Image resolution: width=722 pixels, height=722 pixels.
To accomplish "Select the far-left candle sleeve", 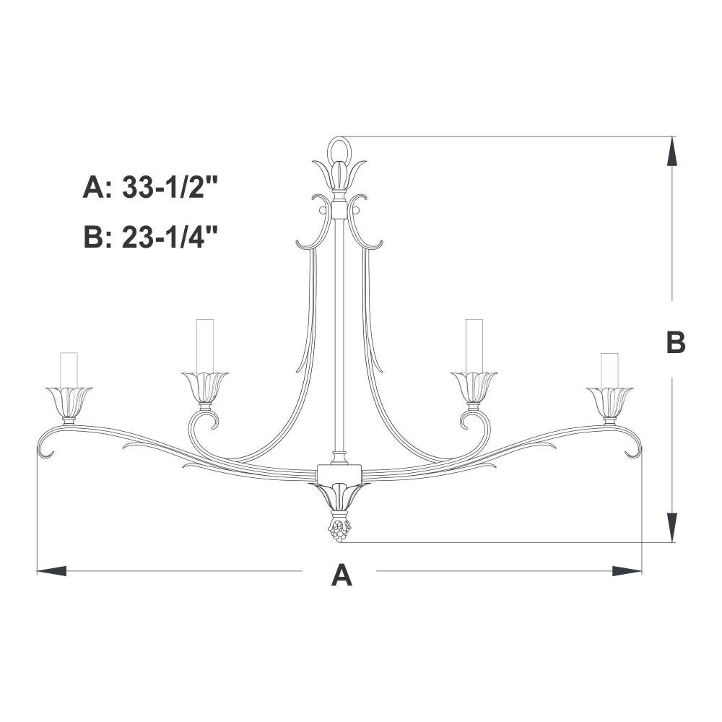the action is pyautogui.click(x=69, y=370).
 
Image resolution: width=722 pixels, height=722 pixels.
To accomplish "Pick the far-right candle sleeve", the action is pyautogui.click(x=609, y=370).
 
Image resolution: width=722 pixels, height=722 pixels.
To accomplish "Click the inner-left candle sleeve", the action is pyautogui.click(x=205, y=346).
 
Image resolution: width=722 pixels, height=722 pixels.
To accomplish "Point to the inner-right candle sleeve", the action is pyautogui.click(x=474, y=346).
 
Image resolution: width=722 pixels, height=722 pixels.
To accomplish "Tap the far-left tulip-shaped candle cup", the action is pyautogui.click(x=69, y=403).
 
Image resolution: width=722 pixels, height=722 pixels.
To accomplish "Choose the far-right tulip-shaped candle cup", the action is pyautogui.click(x=609, y=403).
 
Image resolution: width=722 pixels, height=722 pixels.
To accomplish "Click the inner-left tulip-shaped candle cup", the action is pyautogui.click(x=205, y=387).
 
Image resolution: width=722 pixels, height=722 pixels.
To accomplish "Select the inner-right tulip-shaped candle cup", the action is pyautogui.click(x=474, y=387).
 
